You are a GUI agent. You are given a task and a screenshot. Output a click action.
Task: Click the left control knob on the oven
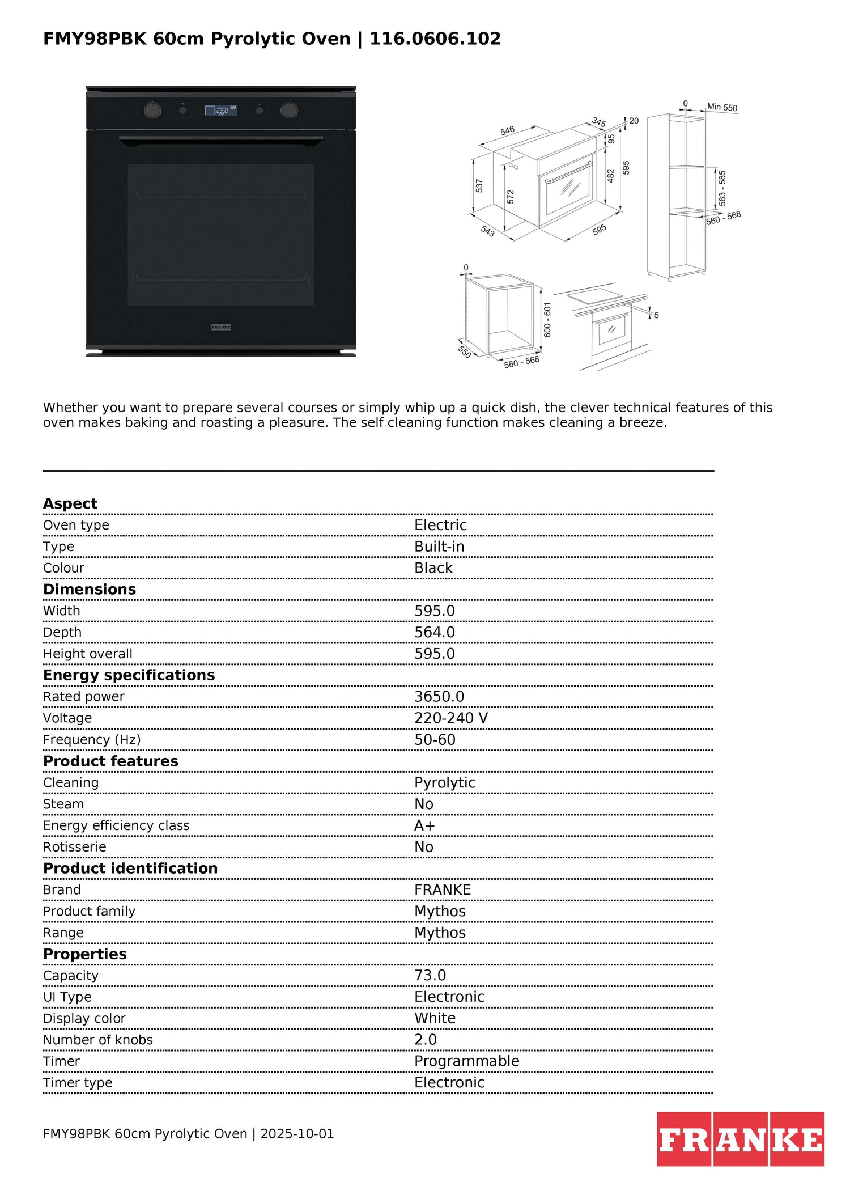(x=152, y=110)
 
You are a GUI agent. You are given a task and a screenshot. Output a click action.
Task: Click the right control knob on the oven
(x=289, y=110)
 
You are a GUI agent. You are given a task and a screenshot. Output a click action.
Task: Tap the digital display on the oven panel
(x=221, y=111)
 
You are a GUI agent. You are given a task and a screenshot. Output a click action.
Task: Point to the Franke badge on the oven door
(x=221, y=327)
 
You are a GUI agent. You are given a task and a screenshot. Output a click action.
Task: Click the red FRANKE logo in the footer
(x=741, y=1139)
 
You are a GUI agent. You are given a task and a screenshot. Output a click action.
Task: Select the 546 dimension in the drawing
(x=507, y=130)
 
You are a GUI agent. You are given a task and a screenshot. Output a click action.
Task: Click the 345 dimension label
(x=599, y=122)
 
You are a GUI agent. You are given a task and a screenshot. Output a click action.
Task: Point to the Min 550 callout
(x=722, y=107)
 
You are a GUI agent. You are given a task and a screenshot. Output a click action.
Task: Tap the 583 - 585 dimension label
(x=722, y=188)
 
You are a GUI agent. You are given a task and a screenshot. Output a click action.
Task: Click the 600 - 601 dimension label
(x=547, y=320)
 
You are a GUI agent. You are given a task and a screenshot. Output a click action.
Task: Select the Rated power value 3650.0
(x=439, y=696)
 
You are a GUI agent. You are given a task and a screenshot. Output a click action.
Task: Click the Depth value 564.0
(x=435, y=632)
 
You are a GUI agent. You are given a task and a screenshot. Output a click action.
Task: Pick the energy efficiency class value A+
(x=424, y=825)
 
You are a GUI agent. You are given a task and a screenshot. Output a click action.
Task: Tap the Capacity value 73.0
(x=430, y=975)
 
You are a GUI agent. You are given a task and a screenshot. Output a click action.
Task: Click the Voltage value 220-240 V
(x=451, y=718)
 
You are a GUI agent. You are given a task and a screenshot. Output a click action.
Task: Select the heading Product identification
(x=130, y=869)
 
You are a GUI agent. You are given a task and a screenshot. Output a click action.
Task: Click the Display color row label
(x=84, y=1018)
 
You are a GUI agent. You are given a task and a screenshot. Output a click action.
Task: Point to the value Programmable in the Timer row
(x=467, y=1061)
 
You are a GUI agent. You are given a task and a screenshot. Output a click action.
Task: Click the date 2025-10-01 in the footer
(x=297, y=1134)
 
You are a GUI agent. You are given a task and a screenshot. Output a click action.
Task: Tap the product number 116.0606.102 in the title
(x=435, y=39)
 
